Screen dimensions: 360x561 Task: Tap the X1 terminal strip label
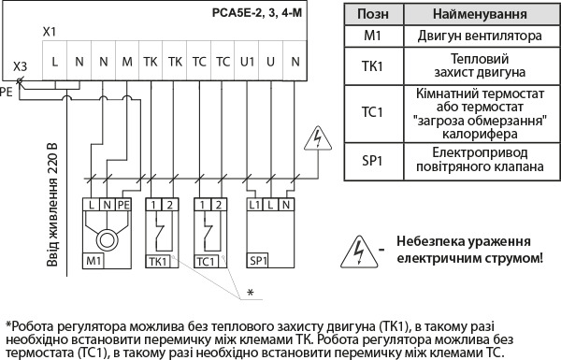coord(50,32)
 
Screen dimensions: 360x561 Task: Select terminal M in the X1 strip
coord(126,62)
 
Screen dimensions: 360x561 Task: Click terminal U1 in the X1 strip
coord(247,62)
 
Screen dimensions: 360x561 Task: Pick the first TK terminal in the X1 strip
coord(151,62)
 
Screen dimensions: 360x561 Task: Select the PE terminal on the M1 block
coord(123,203)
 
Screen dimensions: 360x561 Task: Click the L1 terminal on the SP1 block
coord(253,203)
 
